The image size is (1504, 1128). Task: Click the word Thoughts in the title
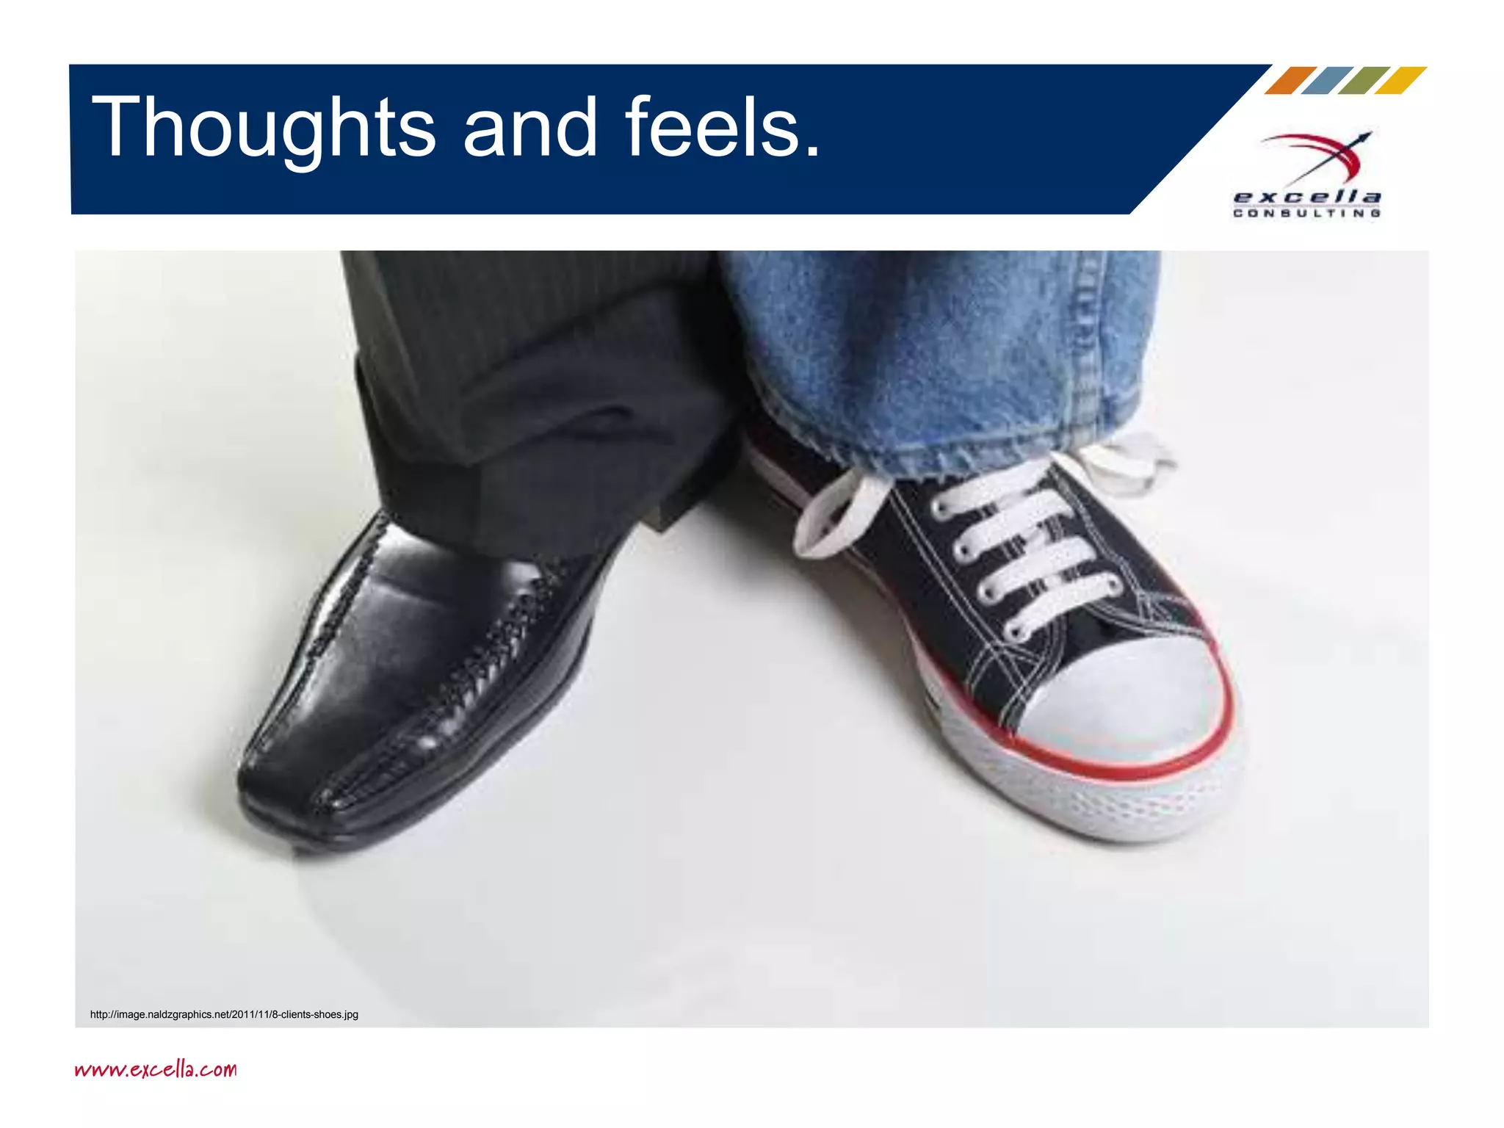click(264, 129)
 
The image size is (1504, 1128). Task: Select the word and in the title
click(530, 129)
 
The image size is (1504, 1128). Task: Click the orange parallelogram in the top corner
click(1290, 81)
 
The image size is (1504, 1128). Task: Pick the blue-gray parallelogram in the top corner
click(1327, 81)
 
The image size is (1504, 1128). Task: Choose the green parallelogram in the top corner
click(1364, 81)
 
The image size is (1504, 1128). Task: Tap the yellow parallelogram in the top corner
click(1400, 81)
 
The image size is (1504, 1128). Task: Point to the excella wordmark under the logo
click(1307, 197)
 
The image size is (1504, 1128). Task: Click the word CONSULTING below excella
click(1307, 213)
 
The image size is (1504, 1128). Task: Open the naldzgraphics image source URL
click(224, 1015)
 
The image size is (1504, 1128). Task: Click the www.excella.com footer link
click(156, 1069)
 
